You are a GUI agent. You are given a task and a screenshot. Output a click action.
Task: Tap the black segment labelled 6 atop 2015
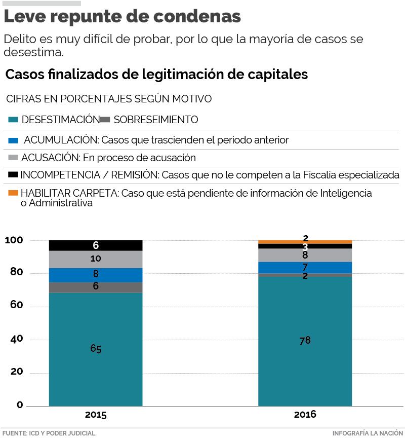[x=96, y=245]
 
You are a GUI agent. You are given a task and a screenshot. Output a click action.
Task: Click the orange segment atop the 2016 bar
[x=305, y=242]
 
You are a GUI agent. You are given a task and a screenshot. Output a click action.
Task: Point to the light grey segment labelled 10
[x=96, y=259]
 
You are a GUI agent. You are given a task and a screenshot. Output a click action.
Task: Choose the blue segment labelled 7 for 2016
[x=305, y=268]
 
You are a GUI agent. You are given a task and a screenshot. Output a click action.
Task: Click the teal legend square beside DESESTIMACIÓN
[x=14, y=120]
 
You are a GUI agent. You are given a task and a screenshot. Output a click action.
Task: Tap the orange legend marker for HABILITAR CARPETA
[x=14, y=193]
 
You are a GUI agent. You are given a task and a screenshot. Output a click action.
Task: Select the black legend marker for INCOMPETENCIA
[x=14, y=175]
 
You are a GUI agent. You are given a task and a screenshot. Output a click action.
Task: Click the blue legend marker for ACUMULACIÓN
[x=14, y=140]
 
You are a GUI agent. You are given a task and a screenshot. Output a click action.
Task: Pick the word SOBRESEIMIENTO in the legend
[x=156, y=120]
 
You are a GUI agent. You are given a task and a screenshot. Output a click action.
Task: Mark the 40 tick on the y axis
[x=16, y=339]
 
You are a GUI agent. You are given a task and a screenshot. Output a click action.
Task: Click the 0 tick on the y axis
[x=20, y=405]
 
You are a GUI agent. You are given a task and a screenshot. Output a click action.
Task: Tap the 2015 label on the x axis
[x=96, y=415]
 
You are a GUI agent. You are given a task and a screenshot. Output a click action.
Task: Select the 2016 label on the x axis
[x=305, y=415]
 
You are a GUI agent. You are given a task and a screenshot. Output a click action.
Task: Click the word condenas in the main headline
[x=197, y=17]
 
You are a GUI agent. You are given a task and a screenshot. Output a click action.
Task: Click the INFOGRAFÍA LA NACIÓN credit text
[x=368, y=433]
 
